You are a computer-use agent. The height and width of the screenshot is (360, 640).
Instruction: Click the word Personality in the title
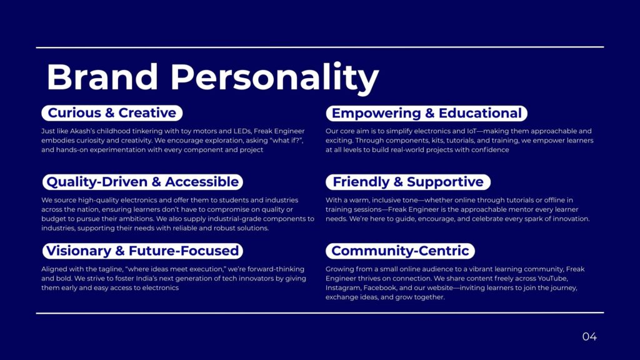(x=275, y=77)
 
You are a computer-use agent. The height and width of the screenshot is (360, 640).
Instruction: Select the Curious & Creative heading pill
(x=112, y=112)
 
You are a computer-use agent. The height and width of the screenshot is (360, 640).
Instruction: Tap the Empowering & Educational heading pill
(x=426, y=113)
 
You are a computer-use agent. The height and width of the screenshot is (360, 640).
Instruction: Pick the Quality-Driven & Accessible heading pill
(x=142, y=182)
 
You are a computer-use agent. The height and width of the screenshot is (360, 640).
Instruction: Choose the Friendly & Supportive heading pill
(x=408, y=182)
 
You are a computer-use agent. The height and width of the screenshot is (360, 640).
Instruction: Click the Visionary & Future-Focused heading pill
(x=142, y=251)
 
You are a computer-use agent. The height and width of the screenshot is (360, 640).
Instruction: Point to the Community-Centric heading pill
(x=400, y=251)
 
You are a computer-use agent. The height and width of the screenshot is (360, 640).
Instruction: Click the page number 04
(x=589, y=336)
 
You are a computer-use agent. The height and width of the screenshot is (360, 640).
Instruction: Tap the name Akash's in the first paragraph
(x=82, y=131)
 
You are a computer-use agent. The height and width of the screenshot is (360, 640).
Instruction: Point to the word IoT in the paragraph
(x=471, y=131)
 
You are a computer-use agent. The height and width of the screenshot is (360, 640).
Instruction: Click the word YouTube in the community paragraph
(x=552, y=278)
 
